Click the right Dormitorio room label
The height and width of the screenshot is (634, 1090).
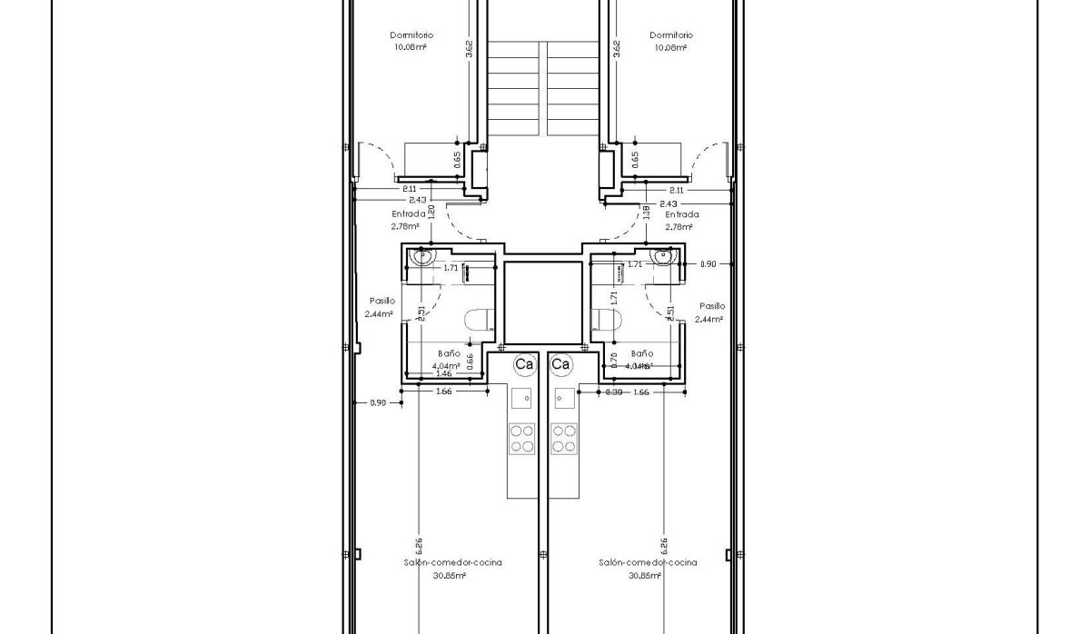[x=671, y=35]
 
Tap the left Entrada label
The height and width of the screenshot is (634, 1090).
[x=408, y=214]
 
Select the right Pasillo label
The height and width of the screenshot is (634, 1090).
[x=711, y=307]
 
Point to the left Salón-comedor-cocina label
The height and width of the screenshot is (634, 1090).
[x=452, y=562]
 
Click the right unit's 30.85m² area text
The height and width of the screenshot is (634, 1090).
[x=648, y=575]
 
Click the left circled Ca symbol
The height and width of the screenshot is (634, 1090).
[x=524, y=364]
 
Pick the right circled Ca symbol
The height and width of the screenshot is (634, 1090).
[x=560, y=364]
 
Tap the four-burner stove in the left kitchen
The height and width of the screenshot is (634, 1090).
[x=521, y=438]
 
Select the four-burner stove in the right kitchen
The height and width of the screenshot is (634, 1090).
[x=564, y=438]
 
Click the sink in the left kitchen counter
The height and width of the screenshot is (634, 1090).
[x=521, y=396]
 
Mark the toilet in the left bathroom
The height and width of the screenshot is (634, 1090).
[x=478, y=319]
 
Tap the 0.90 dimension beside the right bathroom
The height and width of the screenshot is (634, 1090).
[x=708, y=264]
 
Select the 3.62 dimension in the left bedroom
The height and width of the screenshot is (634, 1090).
[x=469, y=48]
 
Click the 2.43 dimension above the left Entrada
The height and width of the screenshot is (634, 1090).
[x=417, y=200]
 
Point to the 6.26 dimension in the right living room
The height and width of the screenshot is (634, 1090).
[x=663, y=545]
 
